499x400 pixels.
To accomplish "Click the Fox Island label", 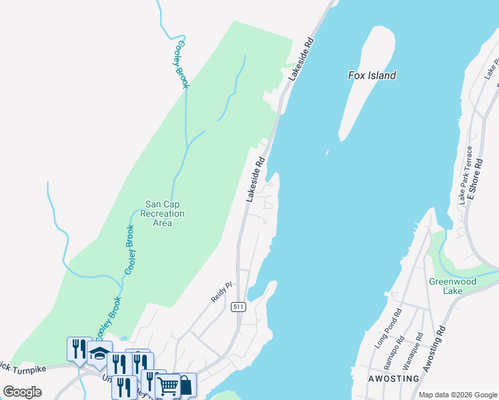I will click(x=372, y=75).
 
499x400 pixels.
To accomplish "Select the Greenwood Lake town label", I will click(x=453, y=286).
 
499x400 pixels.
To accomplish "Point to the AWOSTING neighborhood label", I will click(x=394, y=379).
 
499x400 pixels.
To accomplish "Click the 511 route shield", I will click(x=237, y=307).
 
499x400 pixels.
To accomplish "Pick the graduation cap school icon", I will click(x=99, y=352).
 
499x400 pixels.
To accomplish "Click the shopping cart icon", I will click(x=168, y=385).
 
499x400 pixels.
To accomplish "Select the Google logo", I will click(x=22, y=392).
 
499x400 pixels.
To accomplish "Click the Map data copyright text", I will click(x=458, y=395).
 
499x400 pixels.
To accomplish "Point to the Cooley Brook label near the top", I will click(x=182, y=64).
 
